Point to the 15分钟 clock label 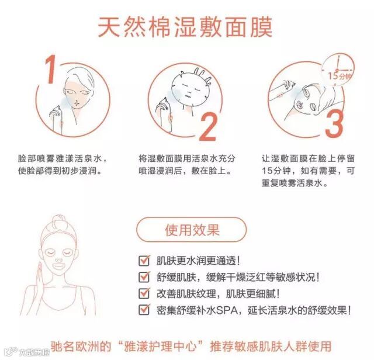click(340, 76)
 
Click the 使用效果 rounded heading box click(191, 230)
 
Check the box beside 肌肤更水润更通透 click(144, 261)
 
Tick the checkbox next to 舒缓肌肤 click(144, 277)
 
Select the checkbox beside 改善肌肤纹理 click(144, 293)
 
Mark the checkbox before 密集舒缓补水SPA click(144, 310)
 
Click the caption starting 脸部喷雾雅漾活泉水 click(63, 165)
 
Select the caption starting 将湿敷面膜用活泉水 click(187, 165)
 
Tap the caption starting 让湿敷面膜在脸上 click(308, 171)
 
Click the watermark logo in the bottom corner click(26, 352)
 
